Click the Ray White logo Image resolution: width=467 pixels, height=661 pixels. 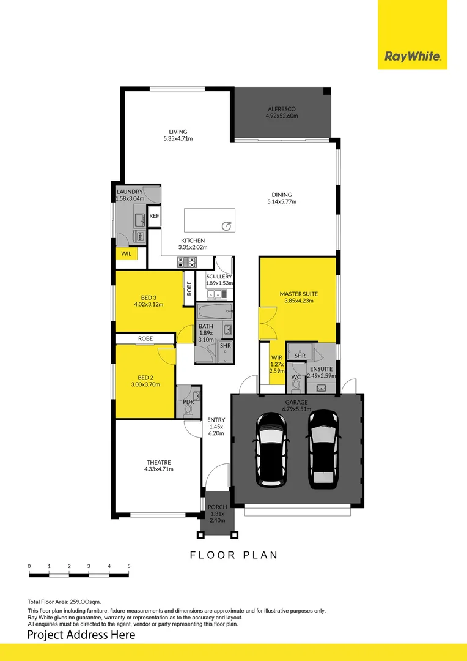click(x=412, y=57)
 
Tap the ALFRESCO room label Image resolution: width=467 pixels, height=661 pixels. click(x=282, y=109)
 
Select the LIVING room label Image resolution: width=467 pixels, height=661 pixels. click(x=178, y=132)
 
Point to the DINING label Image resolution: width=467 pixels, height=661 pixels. click(x=282, y=195)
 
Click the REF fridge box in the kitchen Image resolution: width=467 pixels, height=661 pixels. click(x=154, y=216)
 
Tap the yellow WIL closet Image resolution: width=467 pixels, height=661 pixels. click(x=127, y=253)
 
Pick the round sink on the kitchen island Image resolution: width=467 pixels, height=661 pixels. click(x=227, y=226)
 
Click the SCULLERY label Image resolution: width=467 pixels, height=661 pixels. click(x=219, y=277)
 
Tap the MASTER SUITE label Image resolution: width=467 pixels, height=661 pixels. click(x=299, y=294)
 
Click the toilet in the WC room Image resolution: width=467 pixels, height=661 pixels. click(x=296, y=386)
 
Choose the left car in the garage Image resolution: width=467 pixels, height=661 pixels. click(x=270, y=449)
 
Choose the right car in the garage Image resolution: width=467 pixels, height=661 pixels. click(x=323, y=449)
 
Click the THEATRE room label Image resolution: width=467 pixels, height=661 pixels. click(x=158, y=462)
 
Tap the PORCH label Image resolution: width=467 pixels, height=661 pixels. click(x=217, y=507)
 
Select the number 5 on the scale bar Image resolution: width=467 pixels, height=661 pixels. click(x=129, y=566)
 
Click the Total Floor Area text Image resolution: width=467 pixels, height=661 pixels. click(x=64, y=602)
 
